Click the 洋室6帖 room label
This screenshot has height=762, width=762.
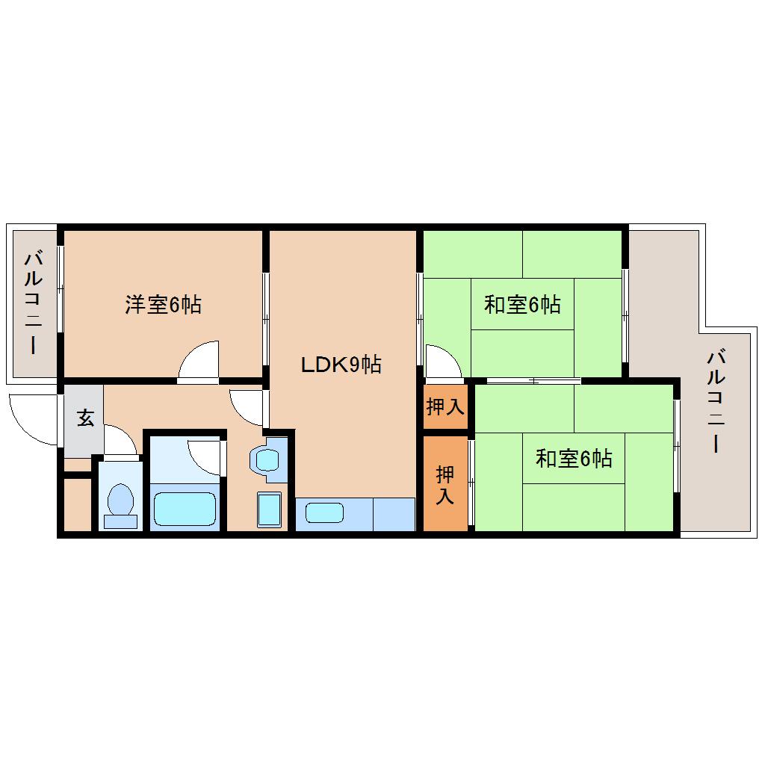click(x=163, y=305)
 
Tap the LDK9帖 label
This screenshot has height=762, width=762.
click(x=341, y=365)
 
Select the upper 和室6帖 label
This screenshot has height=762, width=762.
click(x=522, y=305)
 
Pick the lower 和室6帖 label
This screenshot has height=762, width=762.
click(x=574, y=458)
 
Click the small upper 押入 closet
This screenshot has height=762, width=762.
click(x=445, y=407)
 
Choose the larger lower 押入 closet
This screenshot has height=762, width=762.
click(x=445, y=484)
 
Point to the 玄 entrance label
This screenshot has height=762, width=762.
click(x=85, y=419)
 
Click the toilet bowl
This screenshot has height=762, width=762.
click(x=120, y=501)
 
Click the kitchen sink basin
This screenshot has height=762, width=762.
click(x=324, y=513)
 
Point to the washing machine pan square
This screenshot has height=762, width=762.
click(x=270, y=509)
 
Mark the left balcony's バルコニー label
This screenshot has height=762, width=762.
click(x=33, y=302)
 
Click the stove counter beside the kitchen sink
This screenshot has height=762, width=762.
click(x=394, y=514)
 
